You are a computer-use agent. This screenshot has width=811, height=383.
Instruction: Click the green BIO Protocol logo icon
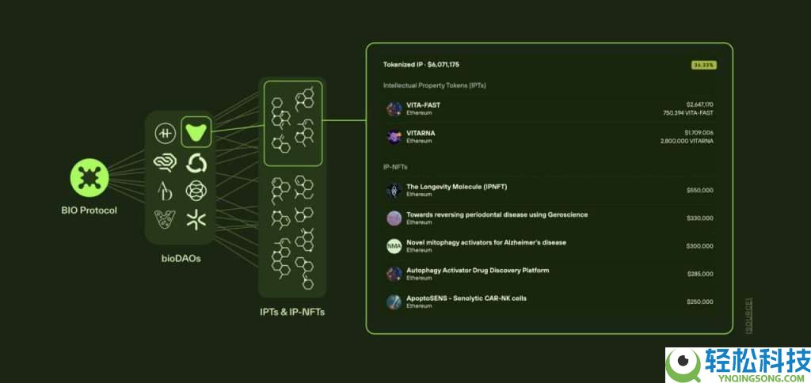pos(89,178)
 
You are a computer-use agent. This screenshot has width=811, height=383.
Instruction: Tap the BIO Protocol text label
pos(89,210)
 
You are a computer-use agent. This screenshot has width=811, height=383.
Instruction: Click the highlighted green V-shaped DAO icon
pos(195,131)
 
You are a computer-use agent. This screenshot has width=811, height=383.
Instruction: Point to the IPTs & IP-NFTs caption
pos(292,312)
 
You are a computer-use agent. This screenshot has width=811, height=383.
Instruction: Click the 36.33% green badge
pos(703,64)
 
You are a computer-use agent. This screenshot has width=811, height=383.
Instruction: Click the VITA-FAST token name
pos(423,104)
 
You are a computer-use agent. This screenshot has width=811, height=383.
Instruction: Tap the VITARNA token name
pos(421,132)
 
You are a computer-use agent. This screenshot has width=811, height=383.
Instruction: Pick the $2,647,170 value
pos(699,104)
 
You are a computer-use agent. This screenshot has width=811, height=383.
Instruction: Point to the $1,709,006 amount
pos(699,132)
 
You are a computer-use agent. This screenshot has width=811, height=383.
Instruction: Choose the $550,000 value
pos(700,190)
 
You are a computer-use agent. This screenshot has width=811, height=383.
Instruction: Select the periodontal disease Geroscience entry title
pos(497,214)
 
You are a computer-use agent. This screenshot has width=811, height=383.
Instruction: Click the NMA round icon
pos(394,246)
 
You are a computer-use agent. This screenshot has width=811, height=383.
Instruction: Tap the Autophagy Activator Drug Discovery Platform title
pos(478,271)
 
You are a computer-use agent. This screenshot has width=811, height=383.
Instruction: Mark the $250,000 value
pos(700,301)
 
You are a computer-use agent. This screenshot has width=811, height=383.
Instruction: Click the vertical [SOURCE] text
pos(749,314)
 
